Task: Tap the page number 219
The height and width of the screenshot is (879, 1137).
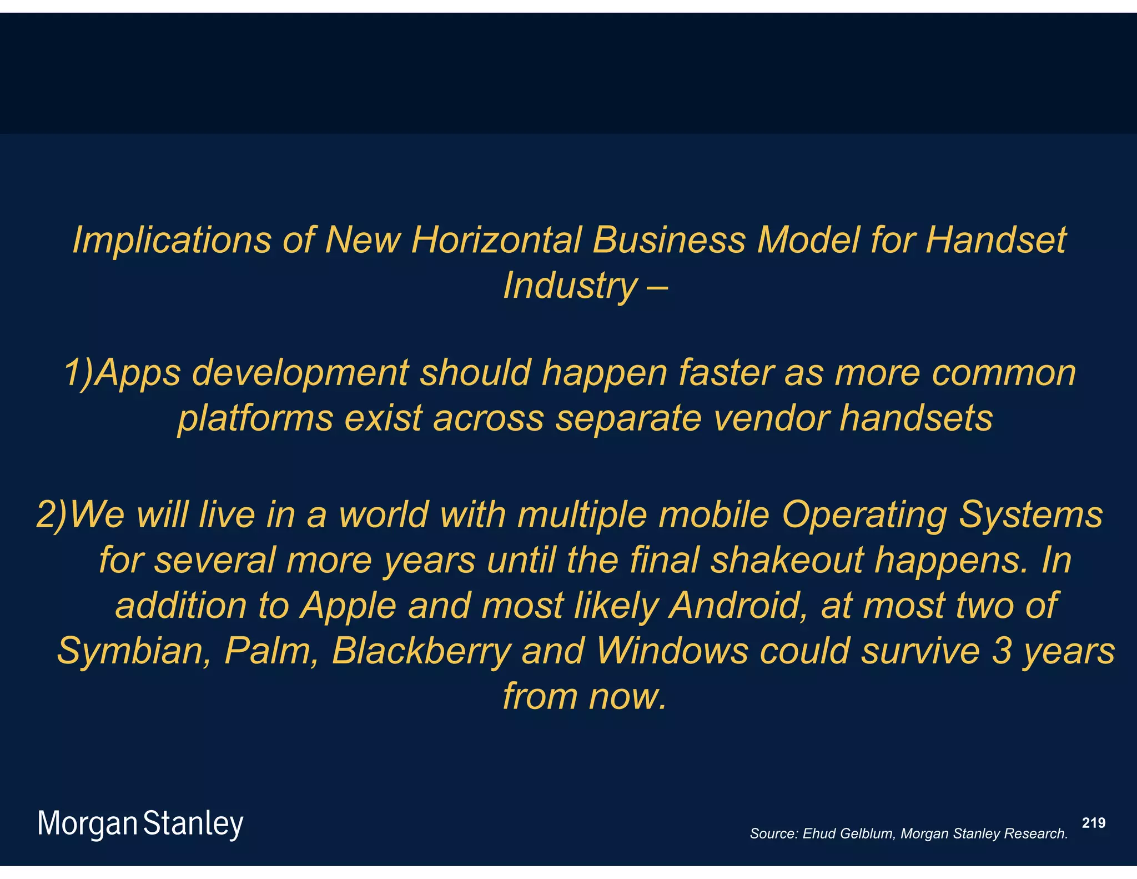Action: [x=1094, y=823]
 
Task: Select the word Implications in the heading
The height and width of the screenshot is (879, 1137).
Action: [x=172, y=241]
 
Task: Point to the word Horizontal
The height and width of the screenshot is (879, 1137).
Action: [x=496, y=241]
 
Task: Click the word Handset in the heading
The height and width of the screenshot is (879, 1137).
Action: [x=995, y=241]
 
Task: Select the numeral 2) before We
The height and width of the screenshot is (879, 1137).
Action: [x=52, y=515]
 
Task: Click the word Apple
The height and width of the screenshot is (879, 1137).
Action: [x=348, y=605]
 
